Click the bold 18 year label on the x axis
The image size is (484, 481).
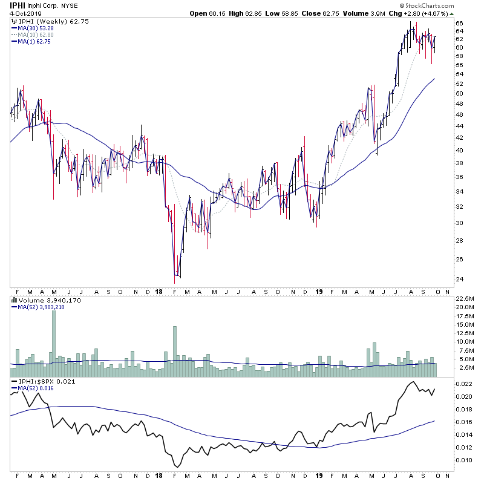[x=159, y=290]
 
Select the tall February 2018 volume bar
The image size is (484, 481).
[x=175, y=345]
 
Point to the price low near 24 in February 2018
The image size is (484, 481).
[x=175, y=281]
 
